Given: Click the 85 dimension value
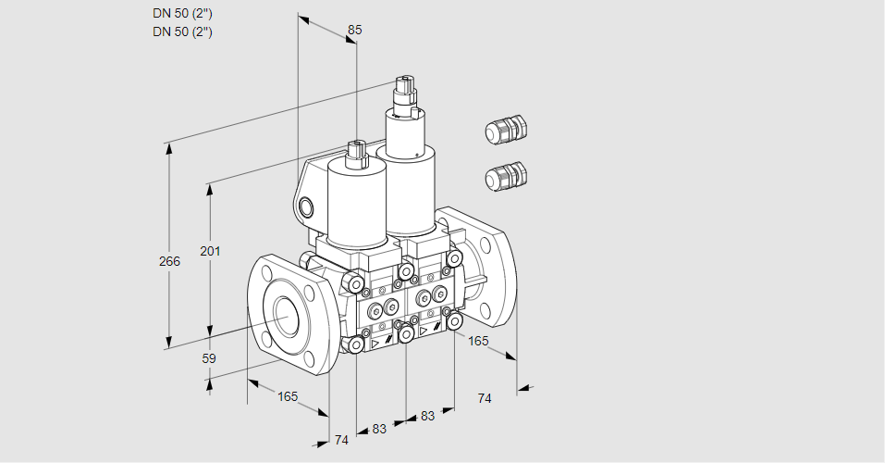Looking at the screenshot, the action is [354, 30].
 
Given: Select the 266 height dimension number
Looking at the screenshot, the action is [169, 261].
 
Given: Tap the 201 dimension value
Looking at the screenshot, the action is [211, 251].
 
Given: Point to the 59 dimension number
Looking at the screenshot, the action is [209, 358].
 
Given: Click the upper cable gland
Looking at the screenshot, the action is [506, 130].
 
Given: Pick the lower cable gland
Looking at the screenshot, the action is [506, 176].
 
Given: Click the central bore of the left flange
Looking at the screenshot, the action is [288, 315].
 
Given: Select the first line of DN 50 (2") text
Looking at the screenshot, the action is [182, 14].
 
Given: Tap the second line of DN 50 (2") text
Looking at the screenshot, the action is [182, 31].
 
